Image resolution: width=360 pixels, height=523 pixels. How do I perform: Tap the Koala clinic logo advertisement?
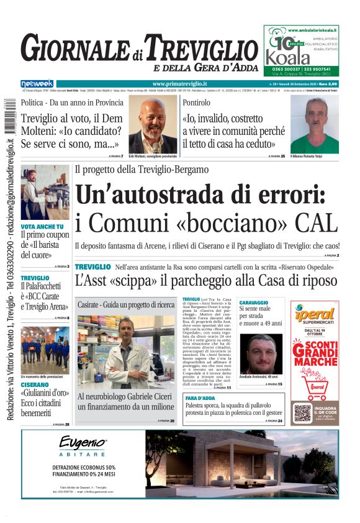pyautogui.click(x=301, y=50)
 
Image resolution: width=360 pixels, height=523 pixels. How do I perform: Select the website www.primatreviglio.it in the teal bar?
pyautogui.click(x=179, y=84)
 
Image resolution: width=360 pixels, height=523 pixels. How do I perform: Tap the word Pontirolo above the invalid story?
pyautogui.click(x=196, y=102)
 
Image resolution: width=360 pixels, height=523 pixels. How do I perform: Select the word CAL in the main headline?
pyautogui.click(x=317, y=222)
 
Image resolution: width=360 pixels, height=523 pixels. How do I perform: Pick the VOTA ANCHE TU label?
pyautogui.click(x=42, y=227)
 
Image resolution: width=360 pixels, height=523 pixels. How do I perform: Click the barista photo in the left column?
pyautogui.click(x=45, y=192)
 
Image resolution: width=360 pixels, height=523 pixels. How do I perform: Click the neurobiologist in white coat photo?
pyautogui.click(x=126, y=352)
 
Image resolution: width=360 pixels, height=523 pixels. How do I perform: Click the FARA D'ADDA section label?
pyautogui.click(x=200, y=397)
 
